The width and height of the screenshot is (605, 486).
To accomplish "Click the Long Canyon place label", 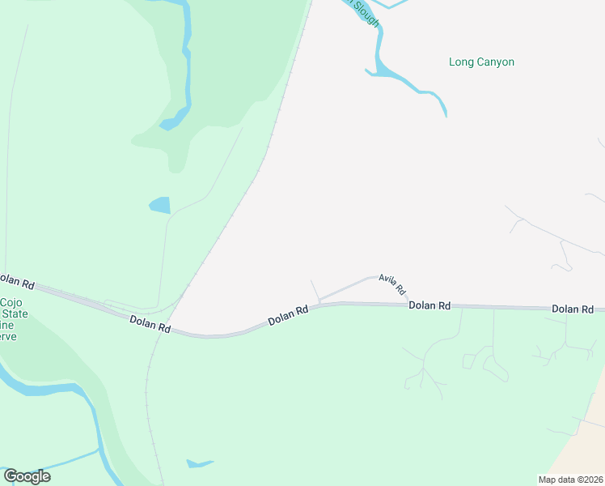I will click(481, 62).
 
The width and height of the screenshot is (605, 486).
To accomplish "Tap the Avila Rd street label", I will click(391, 283).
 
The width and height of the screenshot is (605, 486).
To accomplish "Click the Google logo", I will click(27, 476).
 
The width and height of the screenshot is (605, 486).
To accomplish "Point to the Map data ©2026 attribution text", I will click(570, 480).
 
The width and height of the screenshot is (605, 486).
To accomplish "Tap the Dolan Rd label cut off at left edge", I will click(16, 282).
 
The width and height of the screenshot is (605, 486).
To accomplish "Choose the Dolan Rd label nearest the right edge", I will click(573, 309).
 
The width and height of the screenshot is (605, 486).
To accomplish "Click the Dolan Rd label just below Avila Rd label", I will click(429, 305).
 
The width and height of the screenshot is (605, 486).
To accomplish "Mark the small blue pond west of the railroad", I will click(160, 205).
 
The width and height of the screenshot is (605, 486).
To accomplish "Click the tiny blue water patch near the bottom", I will click(198, 464).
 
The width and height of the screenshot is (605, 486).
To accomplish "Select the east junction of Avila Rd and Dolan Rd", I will click(408, 304).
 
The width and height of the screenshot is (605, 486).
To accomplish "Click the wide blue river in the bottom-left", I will click(49, 390).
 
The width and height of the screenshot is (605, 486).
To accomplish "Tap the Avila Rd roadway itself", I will click(348, 288).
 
